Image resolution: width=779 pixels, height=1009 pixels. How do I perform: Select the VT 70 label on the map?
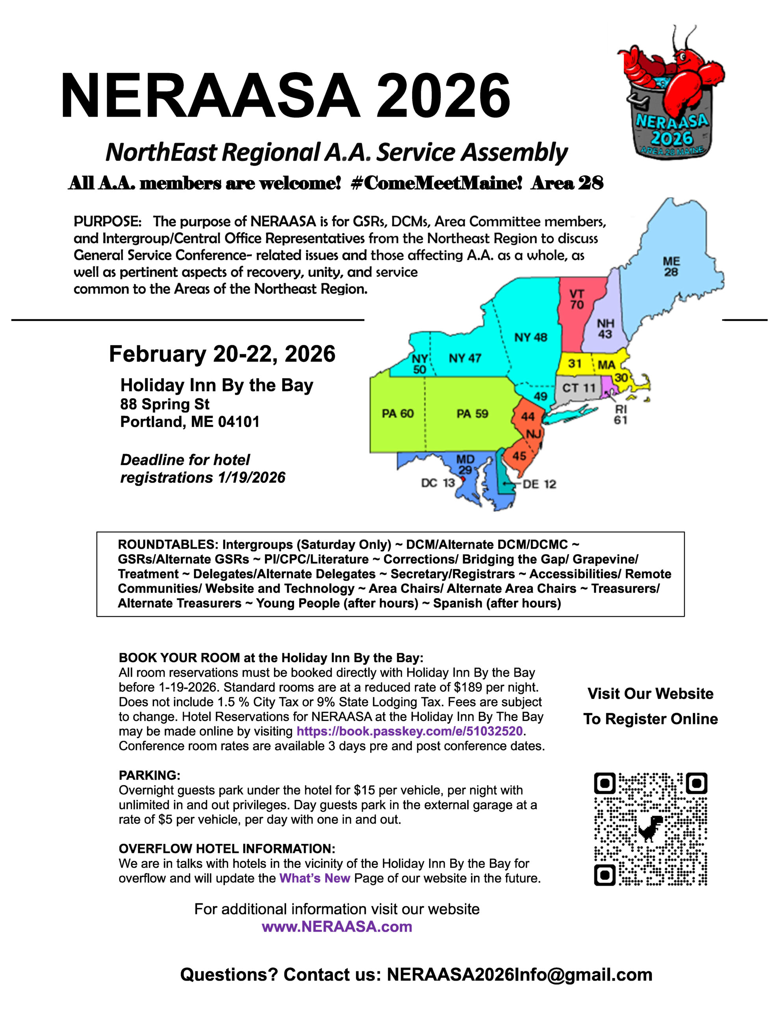coord(577,300)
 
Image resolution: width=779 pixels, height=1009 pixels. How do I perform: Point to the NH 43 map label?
coord(605,328)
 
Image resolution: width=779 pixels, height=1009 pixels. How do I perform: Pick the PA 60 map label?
coord(398,413)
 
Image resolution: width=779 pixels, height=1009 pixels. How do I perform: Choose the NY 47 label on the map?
coord(465,358)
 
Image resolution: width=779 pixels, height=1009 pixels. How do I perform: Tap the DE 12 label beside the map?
coord(539,484)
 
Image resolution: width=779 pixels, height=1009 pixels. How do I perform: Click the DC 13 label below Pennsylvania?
coord(438,483)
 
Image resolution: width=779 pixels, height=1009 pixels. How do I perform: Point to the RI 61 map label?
coord(620,414)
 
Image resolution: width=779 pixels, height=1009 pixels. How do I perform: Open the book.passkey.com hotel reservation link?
coord(409,731)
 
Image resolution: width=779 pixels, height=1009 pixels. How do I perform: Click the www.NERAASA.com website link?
coord(337,926)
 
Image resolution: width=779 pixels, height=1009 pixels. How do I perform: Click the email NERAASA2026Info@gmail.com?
coord(519,974)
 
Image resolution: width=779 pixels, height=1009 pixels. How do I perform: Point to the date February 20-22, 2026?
coord(222,354)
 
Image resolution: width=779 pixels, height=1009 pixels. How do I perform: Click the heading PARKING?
coord(149,775)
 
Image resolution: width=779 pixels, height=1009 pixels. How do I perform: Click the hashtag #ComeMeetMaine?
coord(436,183)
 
